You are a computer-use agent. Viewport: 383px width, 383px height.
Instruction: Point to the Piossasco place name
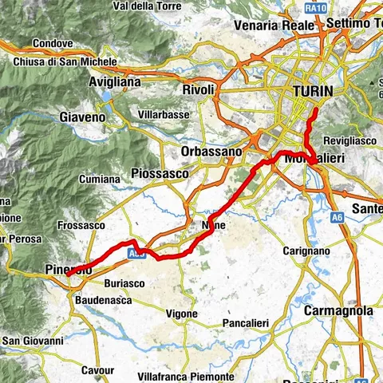pos(159,172)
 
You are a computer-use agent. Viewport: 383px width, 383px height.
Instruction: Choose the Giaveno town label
pos(82,117)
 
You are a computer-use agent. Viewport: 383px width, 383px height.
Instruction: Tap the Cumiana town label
pos(98,180)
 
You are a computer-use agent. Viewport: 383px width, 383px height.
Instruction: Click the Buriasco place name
pos(124,282)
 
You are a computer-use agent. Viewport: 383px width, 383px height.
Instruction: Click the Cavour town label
pos(97,370)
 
